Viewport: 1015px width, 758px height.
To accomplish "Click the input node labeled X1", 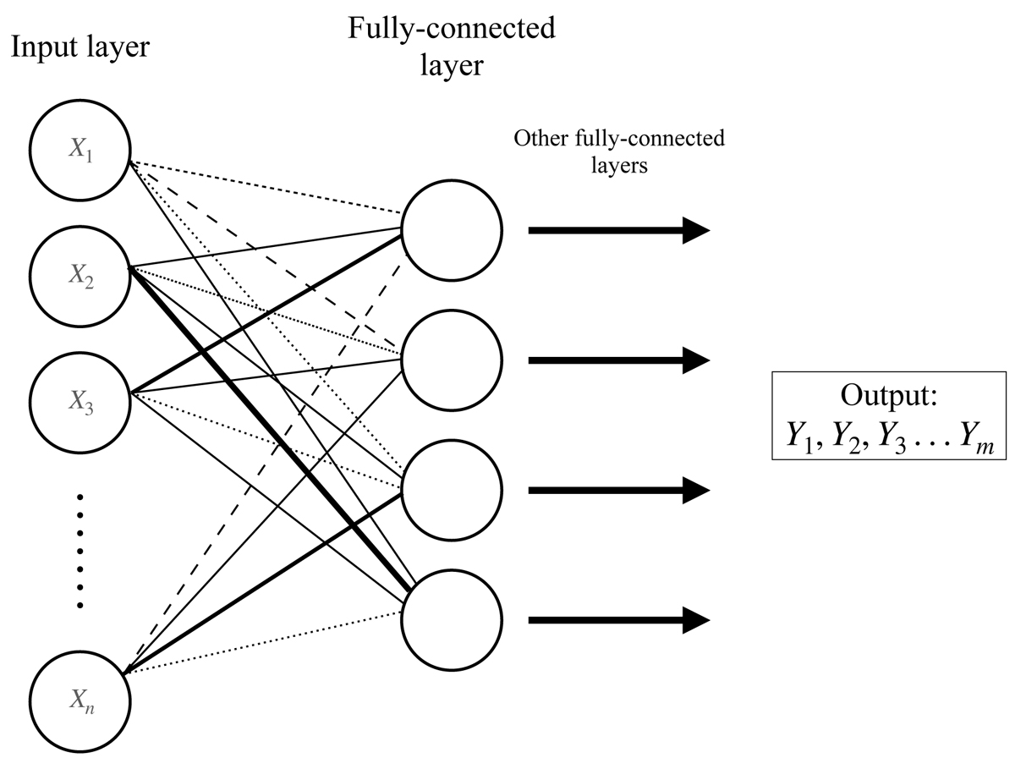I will tap(80, 152).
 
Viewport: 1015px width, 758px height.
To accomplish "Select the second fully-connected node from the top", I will tap(452, 360).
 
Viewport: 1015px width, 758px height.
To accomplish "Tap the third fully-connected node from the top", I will tap(452, 490).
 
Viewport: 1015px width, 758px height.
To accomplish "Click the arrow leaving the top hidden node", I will tap(617, 230).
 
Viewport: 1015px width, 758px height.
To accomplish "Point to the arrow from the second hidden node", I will tap(617, 360).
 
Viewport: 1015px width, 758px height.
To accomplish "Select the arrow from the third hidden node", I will tap(617, 490).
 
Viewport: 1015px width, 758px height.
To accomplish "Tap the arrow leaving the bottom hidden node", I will tap(617, 620).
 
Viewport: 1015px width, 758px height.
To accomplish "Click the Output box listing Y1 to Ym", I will tap(888, 415).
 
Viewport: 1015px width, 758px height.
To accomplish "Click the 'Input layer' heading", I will tap(80, 47).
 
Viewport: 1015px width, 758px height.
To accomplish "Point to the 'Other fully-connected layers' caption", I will tap(619, 151).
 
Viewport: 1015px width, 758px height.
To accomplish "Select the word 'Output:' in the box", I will tap(888, 397).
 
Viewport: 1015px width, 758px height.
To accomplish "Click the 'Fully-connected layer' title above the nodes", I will tap(452, 47).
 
